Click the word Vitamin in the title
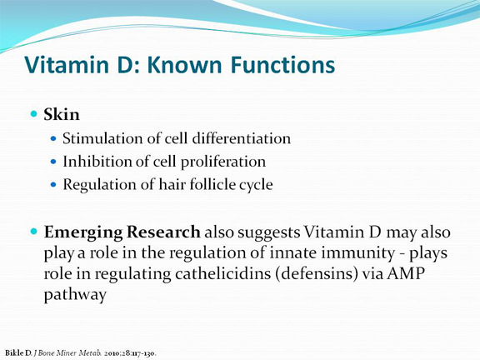point(67,65)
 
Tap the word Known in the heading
point(185,65)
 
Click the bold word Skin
point(62,115)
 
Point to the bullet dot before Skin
point(33,114)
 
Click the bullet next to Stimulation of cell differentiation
point(53,138)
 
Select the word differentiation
point(241,138)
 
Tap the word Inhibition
point(97,162)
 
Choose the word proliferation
point(223,162)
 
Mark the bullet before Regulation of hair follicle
point(53,185)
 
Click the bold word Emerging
point(83,232)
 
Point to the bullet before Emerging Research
point(33,231)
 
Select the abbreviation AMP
point(406,273)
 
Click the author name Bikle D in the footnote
point(18,353)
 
